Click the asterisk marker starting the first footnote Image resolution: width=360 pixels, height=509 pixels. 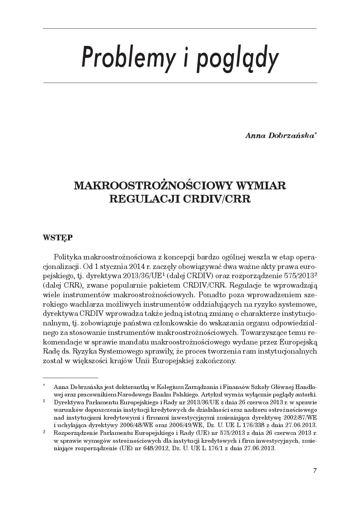(x=44, y=386)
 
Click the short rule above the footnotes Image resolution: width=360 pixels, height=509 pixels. (x=70, y=378)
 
